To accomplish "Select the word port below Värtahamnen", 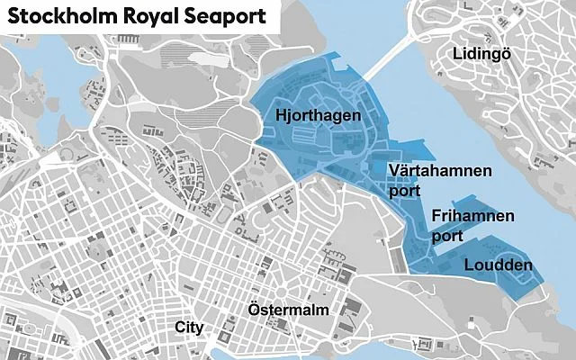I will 405,191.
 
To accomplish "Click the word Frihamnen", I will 472,217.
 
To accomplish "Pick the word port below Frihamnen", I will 446,237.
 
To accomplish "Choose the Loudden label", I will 498,265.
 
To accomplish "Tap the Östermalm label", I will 288,310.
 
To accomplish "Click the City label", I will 190,327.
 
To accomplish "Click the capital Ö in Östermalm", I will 254,309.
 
